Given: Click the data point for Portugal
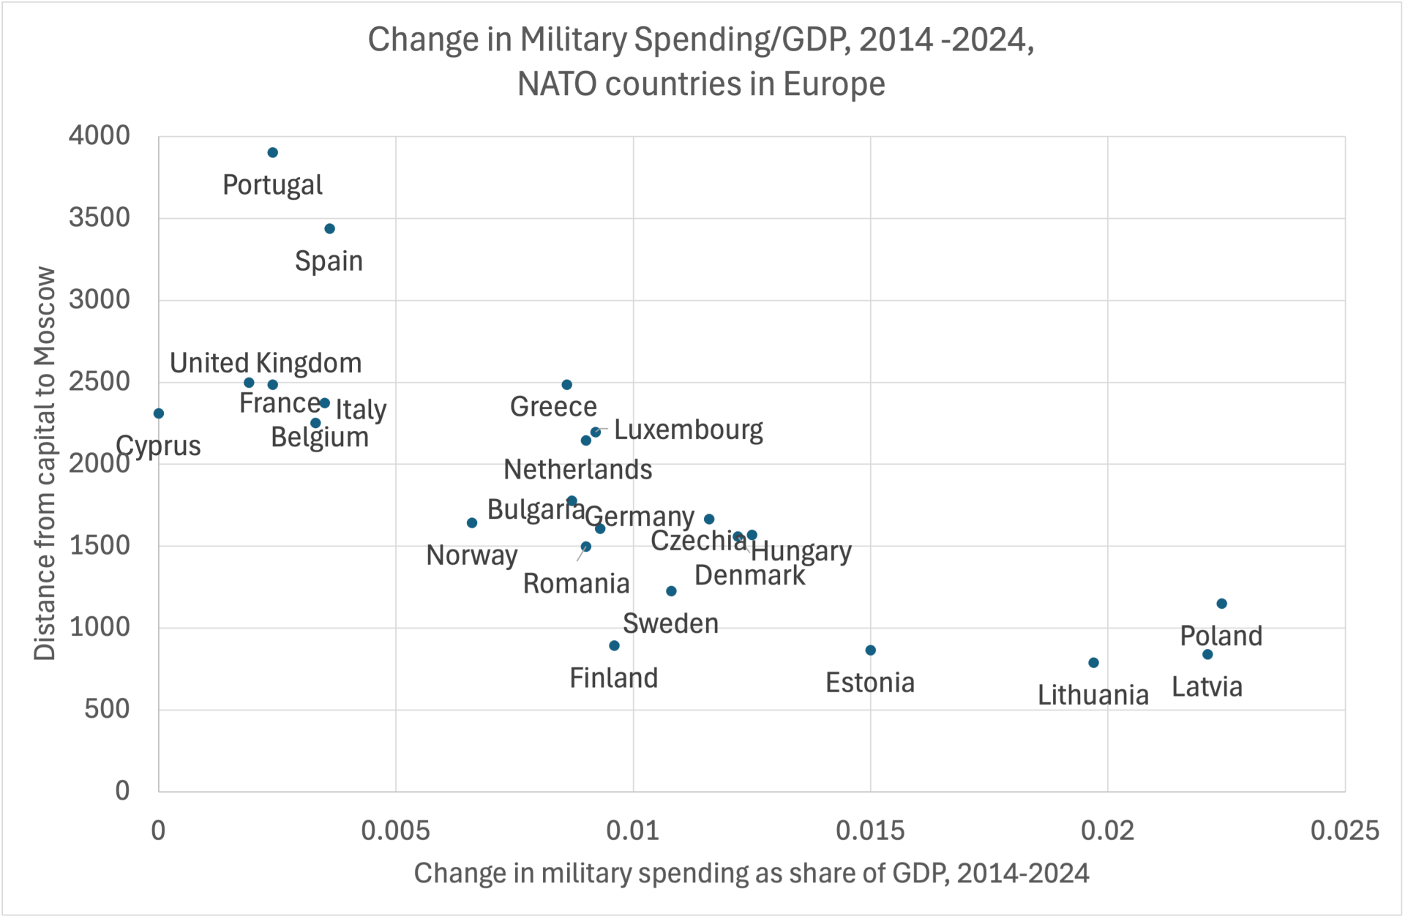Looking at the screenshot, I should [x=272, y=152].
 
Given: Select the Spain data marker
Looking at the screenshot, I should [x=329, y=229].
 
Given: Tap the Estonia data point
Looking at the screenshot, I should [x=870, y=650].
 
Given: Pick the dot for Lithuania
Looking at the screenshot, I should [x=1093, y=663].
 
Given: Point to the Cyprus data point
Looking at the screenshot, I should [x=159, y=413].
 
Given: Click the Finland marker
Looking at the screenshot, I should [x=614, y=645].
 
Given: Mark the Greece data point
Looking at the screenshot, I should [x=566, y=385].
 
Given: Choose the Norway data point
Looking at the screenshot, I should [x=472, y=522].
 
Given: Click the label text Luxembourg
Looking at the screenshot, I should [x=688, y=430].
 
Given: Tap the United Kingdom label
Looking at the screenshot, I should [x=266, y=363].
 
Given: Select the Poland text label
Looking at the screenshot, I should [x=1221, y=636].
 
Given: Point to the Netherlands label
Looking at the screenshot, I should [x=577, y=470].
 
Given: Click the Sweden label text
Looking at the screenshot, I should [x=670, y=623].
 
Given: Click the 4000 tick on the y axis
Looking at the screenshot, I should [x=100, y=136].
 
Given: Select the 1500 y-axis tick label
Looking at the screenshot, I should [x=100, y=546].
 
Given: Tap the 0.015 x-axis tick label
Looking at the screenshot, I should [x=870, y=830].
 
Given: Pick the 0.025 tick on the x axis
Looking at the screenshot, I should [x=1344, y=830].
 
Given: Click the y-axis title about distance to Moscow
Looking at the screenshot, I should [x=45, y=463].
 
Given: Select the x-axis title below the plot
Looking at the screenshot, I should [x=752, y=873].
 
